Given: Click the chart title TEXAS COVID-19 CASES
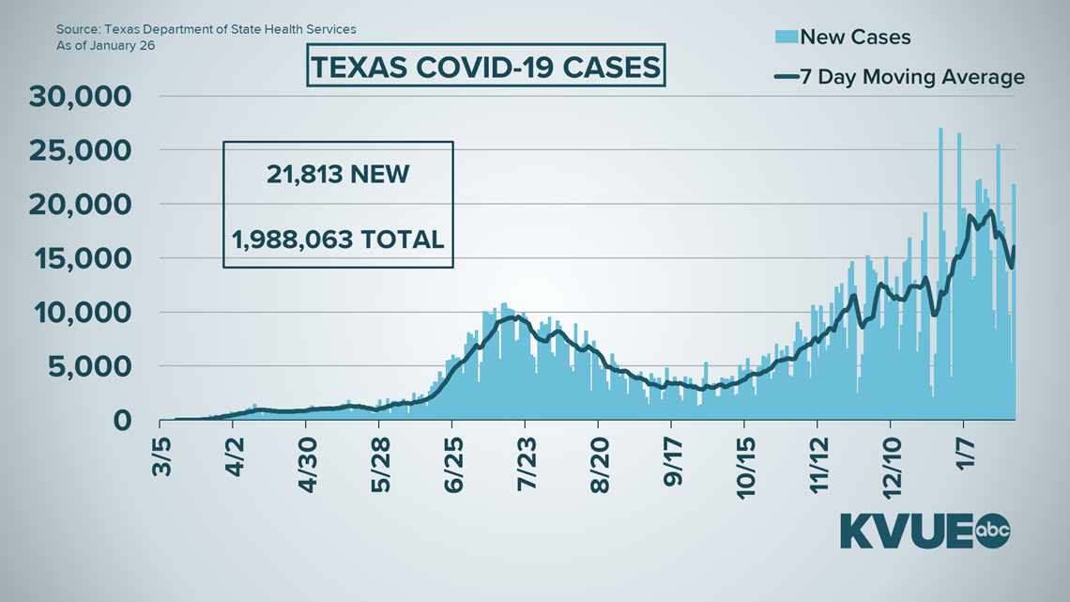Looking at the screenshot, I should coord(485,66).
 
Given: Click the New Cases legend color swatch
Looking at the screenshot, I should coord(787,37).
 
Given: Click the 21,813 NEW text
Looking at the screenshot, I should coord(338,174).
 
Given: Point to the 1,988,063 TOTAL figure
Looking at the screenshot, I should coord(338,239).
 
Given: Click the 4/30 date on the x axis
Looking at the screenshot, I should coord(306,458).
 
